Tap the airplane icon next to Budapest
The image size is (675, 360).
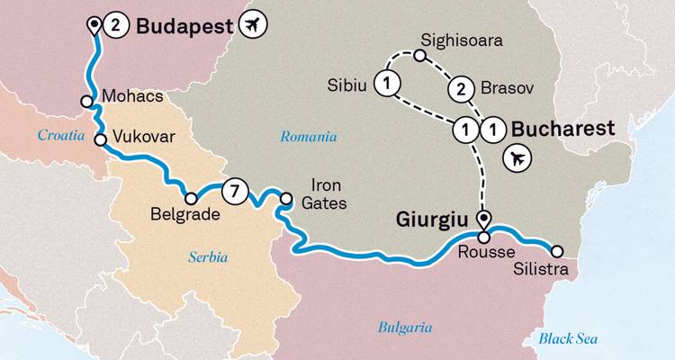click(x=255, y=25)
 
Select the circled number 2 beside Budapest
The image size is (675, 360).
click(x=116, y=25)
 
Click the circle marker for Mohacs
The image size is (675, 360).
click(x=86, y=102)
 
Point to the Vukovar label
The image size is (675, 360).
click(x=143, y=138)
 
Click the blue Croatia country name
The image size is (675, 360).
click(x=60, y=135)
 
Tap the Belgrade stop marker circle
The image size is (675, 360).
click(x=191, y=199)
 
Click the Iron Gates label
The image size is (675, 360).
click(x=322, y=195)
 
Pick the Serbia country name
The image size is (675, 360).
click(x=209, y=256)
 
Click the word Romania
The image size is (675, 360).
click(x=308, y=138)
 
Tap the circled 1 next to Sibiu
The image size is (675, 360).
click(x=387, y=85)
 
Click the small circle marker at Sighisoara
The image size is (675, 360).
click(x=420, y=56)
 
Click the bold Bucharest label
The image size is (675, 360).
click(x=562, y=129)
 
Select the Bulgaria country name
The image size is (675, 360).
click(x=405, y=328)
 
